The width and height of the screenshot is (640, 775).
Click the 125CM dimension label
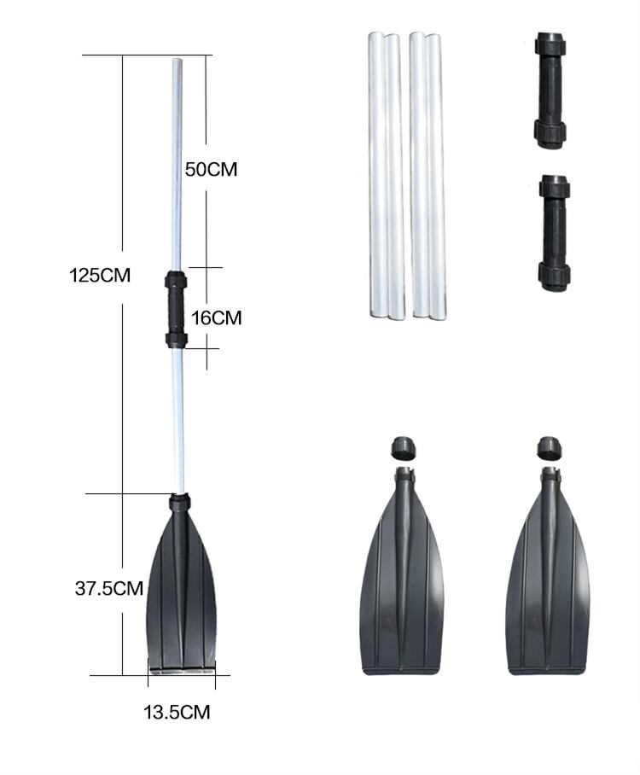100,276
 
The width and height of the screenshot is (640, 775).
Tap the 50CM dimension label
211,170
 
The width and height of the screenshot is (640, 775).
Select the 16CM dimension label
217,318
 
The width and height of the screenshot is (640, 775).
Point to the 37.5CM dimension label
109,588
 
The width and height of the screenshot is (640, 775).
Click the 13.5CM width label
177,712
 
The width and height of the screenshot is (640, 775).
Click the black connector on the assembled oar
176,309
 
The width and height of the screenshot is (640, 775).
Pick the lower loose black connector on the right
554,232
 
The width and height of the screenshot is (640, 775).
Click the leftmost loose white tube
377,174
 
